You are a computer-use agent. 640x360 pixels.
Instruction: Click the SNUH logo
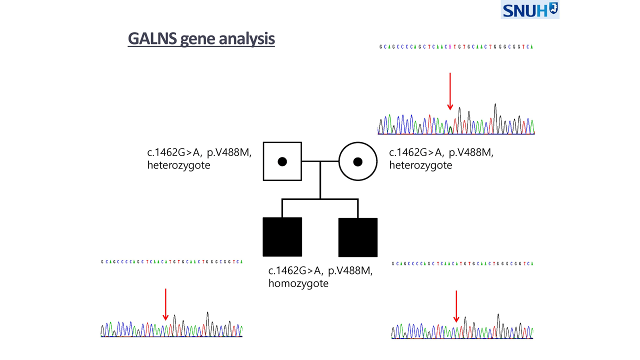pyautogui.click(x=530, y=10)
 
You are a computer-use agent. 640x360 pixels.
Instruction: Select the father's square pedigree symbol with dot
pyautogui.click(x=282, y=161)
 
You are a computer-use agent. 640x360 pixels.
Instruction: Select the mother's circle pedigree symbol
pyautogui.click(x=357, y=161)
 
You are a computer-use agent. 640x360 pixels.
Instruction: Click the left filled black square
pyautogui.click(x=282, y=236)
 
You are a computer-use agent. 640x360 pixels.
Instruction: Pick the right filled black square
pyautogui.click(x=357, y=237)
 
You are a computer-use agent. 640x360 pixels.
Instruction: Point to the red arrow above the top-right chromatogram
pyautogui.click(x=450, y=90)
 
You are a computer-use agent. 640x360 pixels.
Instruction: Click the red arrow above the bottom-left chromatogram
pyautogui.click(x=165, y=304)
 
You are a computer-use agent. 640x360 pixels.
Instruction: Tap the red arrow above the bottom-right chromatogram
pyautogui.click(x=456, y=306)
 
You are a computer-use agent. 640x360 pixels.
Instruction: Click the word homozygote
pyautogui.click(x=298, y=283)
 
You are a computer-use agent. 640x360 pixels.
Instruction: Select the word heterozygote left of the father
pyautogui.click(x=178, y=165)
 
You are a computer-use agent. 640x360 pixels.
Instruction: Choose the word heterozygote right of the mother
pyautogui.click(x=420, y=165)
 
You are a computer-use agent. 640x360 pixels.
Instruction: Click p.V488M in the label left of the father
pyautogui.click(x=229, y=153)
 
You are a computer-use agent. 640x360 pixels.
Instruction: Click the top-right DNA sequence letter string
pyautogui.click(x=456, y=47)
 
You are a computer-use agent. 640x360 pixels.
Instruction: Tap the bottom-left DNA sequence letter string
pyautogui.click(x=171, y=261)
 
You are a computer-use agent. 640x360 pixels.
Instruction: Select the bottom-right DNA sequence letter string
pyautogui.click(x=462, y=263)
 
